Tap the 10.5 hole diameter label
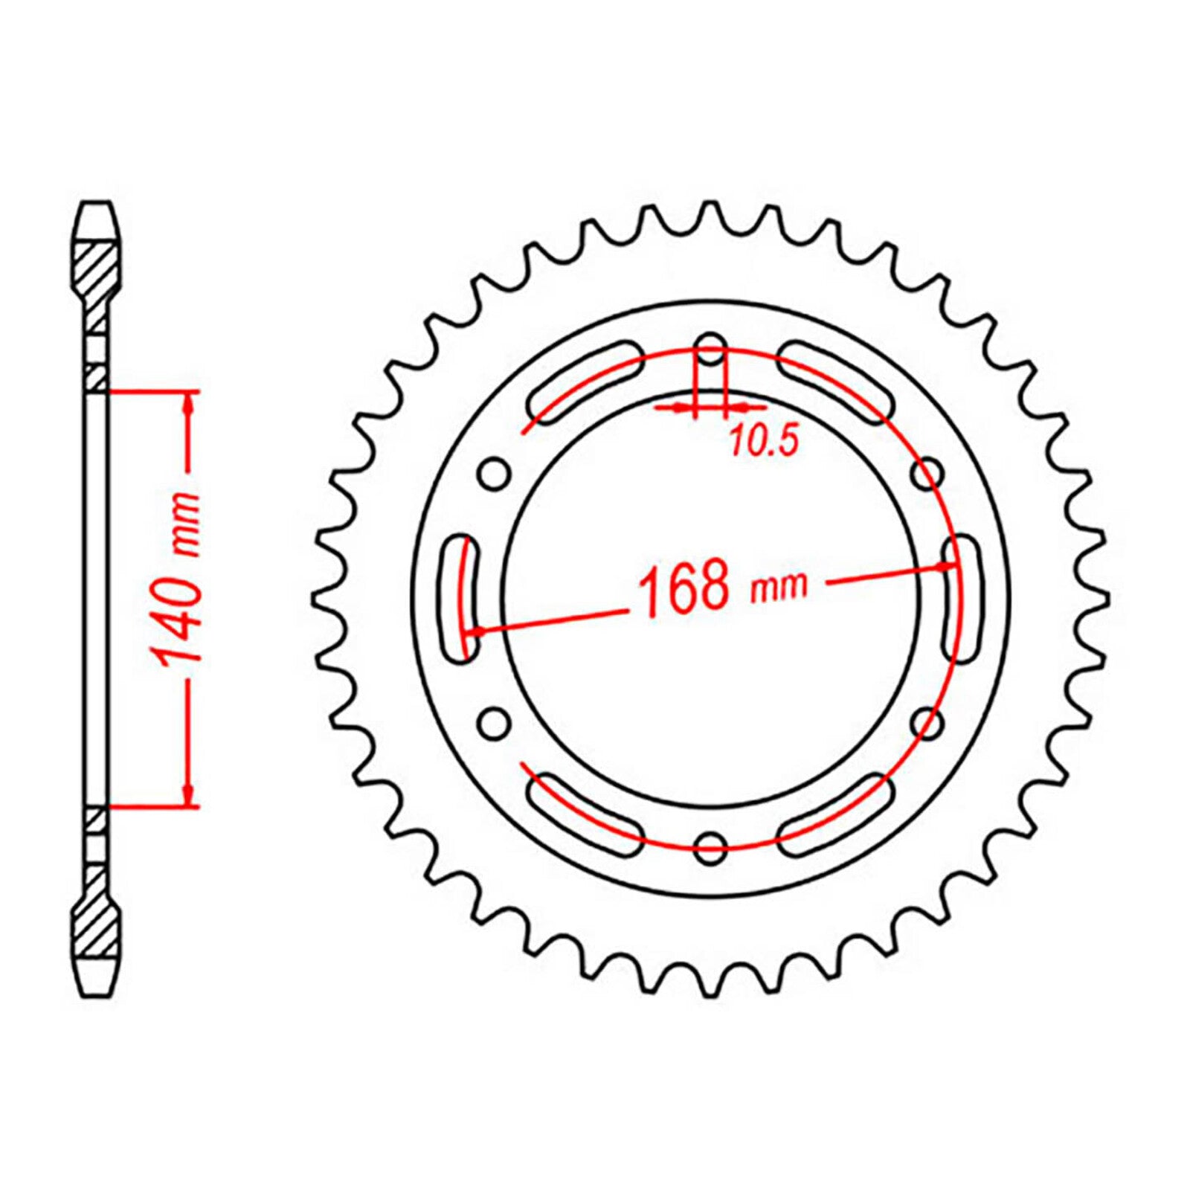point(763,443)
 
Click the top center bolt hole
point(712,348)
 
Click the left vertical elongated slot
point(459,597)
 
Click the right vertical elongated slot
point(962,597)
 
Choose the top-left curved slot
point(585,382)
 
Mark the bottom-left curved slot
point(585,813)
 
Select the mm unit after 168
point(779,588)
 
